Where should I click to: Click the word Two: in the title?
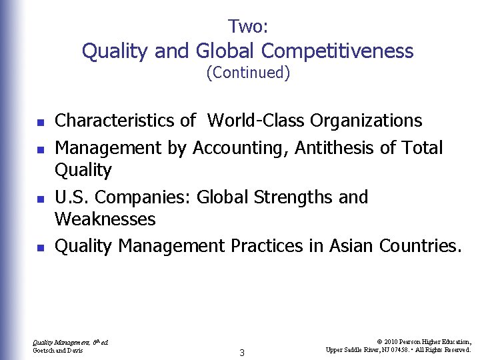247,27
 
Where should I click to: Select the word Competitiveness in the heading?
337,51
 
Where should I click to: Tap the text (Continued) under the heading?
248,73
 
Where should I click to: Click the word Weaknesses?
105,219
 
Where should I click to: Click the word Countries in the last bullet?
419,246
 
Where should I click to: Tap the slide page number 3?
242,353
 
